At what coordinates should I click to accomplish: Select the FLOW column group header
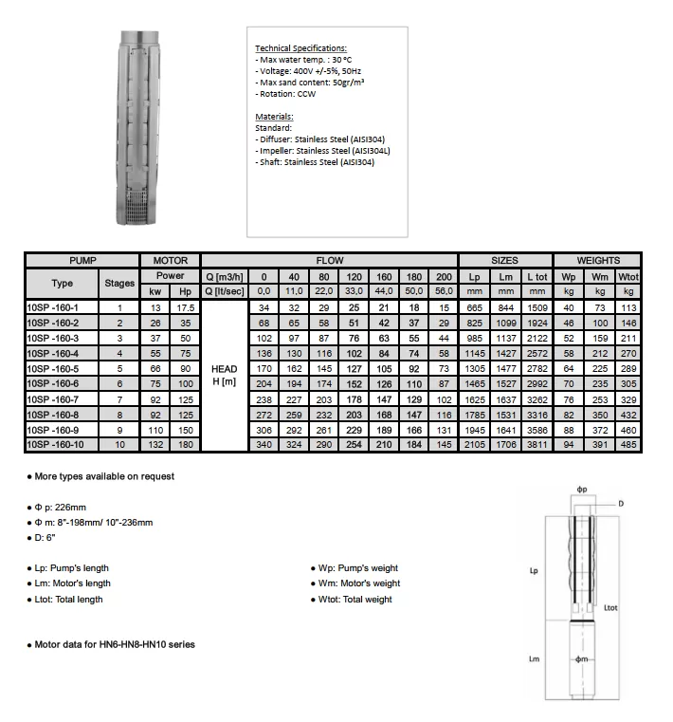pos(329,260)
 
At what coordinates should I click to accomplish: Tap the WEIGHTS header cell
pos(598,260)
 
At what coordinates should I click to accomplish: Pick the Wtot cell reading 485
pos(628,444)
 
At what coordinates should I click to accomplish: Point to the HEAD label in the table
pos(224,368)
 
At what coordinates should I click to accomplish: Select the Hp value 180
pos(185,444)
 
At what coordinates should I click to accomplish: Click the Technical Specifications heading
pos(301,47)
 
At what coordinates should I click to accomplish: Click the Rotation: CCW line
pos(286,94)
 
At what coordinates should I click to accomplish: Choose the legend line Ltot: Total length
pos(65,600)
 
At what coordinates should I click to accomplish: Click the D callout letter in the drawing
pos(622,503)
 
